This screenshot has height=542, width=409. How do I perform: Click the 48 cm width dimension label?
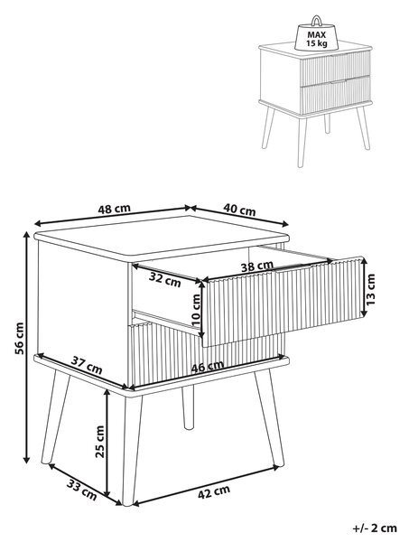[115, 209]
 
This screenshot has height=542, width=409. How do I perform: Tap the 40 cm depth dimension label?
[239, 210]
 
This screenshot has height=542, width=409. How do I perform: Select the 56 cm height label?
[20, 339]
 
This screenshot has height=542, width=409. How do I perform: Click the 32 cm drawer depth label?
[165, 279]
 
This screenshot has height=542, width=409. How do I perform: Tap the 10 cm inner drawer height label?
[196, 312]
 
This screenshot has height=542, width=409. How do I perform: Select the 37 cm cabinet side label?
[87, 365]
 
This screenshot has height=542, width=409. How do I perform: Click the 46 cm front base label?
[208, 367]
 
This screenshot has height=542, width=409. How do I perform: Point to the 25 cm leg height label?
[99, 442]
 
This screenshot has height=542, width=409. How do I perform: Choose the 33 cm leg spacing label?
[81, 490]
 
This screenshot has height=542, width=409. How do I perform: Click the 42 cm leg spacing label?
[214, 492]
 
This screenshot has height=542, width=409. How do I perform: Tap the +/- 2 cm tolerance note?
[375, 528]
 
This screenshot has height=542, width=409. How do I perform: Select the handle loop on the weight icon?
[316, 21]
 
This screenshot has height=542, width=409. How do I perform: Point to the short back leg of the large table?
[188, 407]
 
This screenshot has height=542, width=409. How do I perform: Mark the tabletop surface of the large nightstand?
[163, 237]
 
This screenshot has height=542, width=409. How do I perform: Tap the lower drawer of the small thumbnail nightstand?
[336, 95]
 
